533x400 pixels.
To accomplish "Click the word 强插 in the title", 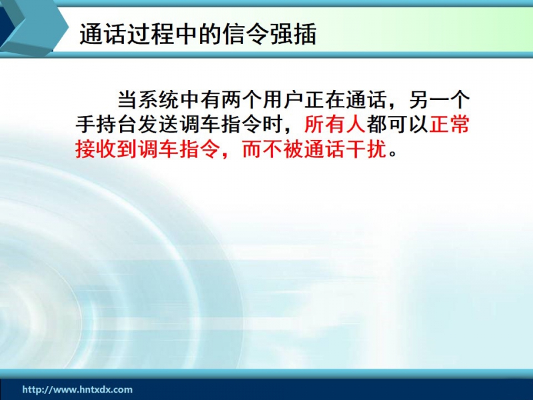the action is click(293, 34).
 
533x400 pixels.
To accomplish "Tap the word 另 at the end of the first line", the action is click(419, 99).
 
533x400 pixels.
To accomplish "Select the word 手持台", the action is click(106, 124).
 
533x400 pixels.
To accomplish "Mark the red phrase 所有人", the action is click(335, 124).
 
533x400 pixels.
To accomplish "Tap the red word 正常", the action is click(449, 124).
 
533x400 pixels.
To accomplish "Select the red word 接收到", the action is click(106, 149).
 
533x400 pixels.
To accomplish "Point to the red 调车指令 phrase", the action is click(179, 149).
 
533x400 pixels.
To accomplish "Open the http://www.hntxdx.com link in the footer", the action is click(77, 389).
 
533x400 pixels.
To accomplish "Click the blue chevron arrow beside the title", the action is click(34, 28).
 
